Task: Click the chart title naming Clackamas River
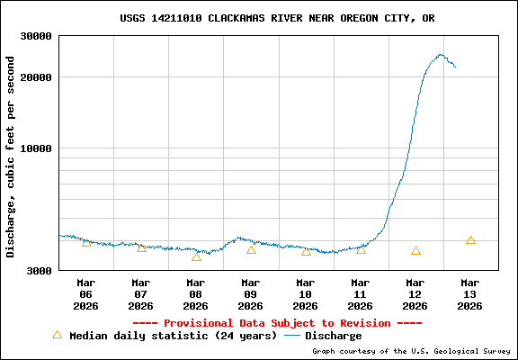click(283, 18)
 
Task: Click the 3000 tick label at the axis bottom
click(40, 269)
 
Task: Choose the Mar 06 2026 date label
click(86, 293)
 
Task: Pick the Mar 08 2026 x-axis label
click(196, 293)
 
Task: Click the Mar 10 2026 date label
click(306, 293)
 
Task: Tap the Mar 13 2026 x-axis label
click(470, 293)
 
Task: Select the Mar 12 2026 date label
click(415, 293)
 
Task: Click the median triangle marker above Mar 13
click(470, 240)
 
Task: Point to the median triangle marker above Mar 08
click(196, 257)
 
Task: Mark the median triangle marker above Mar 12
click(415, 251)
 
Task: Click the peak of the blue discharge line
click(440, 55)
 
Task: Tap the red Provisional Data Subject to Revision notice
click(277, 323)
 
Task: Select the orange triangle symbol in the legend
click(57, 335)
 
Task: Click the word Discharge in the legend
click(334, 336)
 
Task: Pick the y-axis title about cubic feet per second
click(11, 157)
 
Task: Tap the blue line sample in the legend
click(291, 336)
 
